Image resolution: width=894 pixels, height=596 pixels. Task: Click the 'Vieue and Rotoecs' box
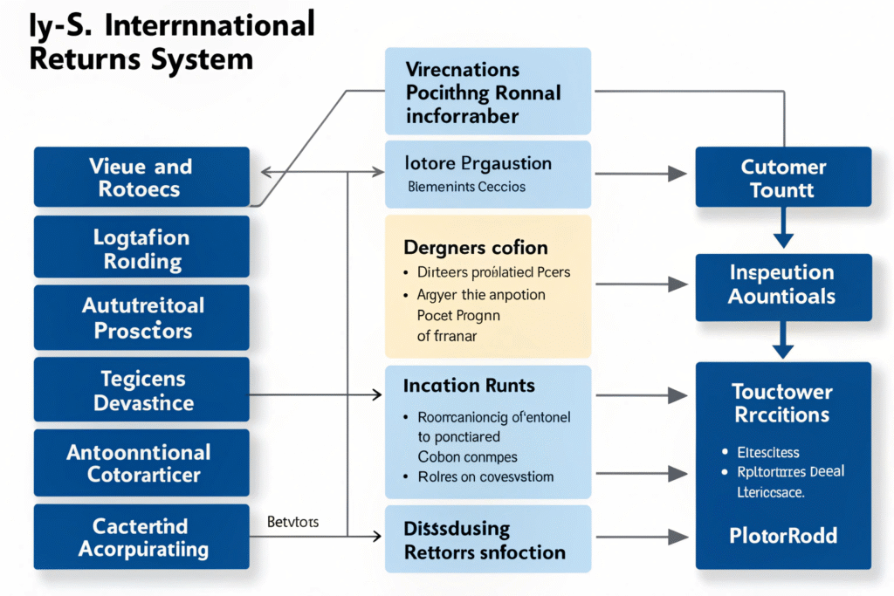tap(141, 177)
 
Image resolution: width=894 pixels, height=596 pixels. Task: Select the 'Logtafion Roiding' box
tap(141, 249)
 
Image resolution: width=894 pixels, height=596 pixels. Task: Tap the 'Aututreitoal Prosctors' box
tap(141, 319)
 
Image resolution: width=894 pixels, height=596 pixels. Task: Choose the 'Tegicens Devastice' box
tap(141, 390)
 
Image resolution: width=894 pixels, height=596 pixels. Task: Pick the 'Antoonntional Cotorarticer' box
tap(141, 462)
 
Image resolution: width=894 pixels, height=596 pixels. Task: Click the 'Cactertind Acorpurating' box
tap(141, 537)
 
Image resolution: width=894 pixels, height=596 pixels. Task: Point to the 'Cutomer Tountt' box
tap(783, 177)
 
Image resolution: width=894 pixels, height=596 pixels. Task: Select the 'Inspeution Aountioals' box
tap(783, 285)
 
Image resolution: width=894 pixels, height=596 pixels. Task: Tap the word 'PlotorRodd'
tap(783, 534)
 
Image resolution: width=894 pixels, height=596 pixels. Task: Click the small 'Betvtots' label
tap(292, 522)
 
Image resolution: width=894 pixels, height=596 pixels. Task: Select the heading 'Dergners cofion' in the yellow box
tap(476, 248)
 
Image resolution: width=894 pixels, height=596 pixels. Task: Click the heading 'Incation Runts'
tap(469, 385)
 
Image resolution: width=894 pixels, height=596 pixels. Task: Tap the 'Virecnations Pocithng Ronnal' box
tap(487, 92)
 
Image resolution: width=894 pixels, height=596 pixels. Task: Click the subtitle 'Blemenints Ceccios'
tap(467, 187)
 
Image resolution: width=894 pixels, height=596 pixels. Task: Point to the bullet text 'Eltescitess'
tap(768, 452)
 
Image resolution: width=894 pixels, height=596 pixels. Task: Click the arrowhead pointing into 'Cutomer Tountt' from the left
tap(677, 174)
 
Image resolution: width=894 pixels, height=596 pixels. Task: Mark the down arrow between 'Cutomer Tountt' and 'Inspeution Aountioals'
tap(783, 236)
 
